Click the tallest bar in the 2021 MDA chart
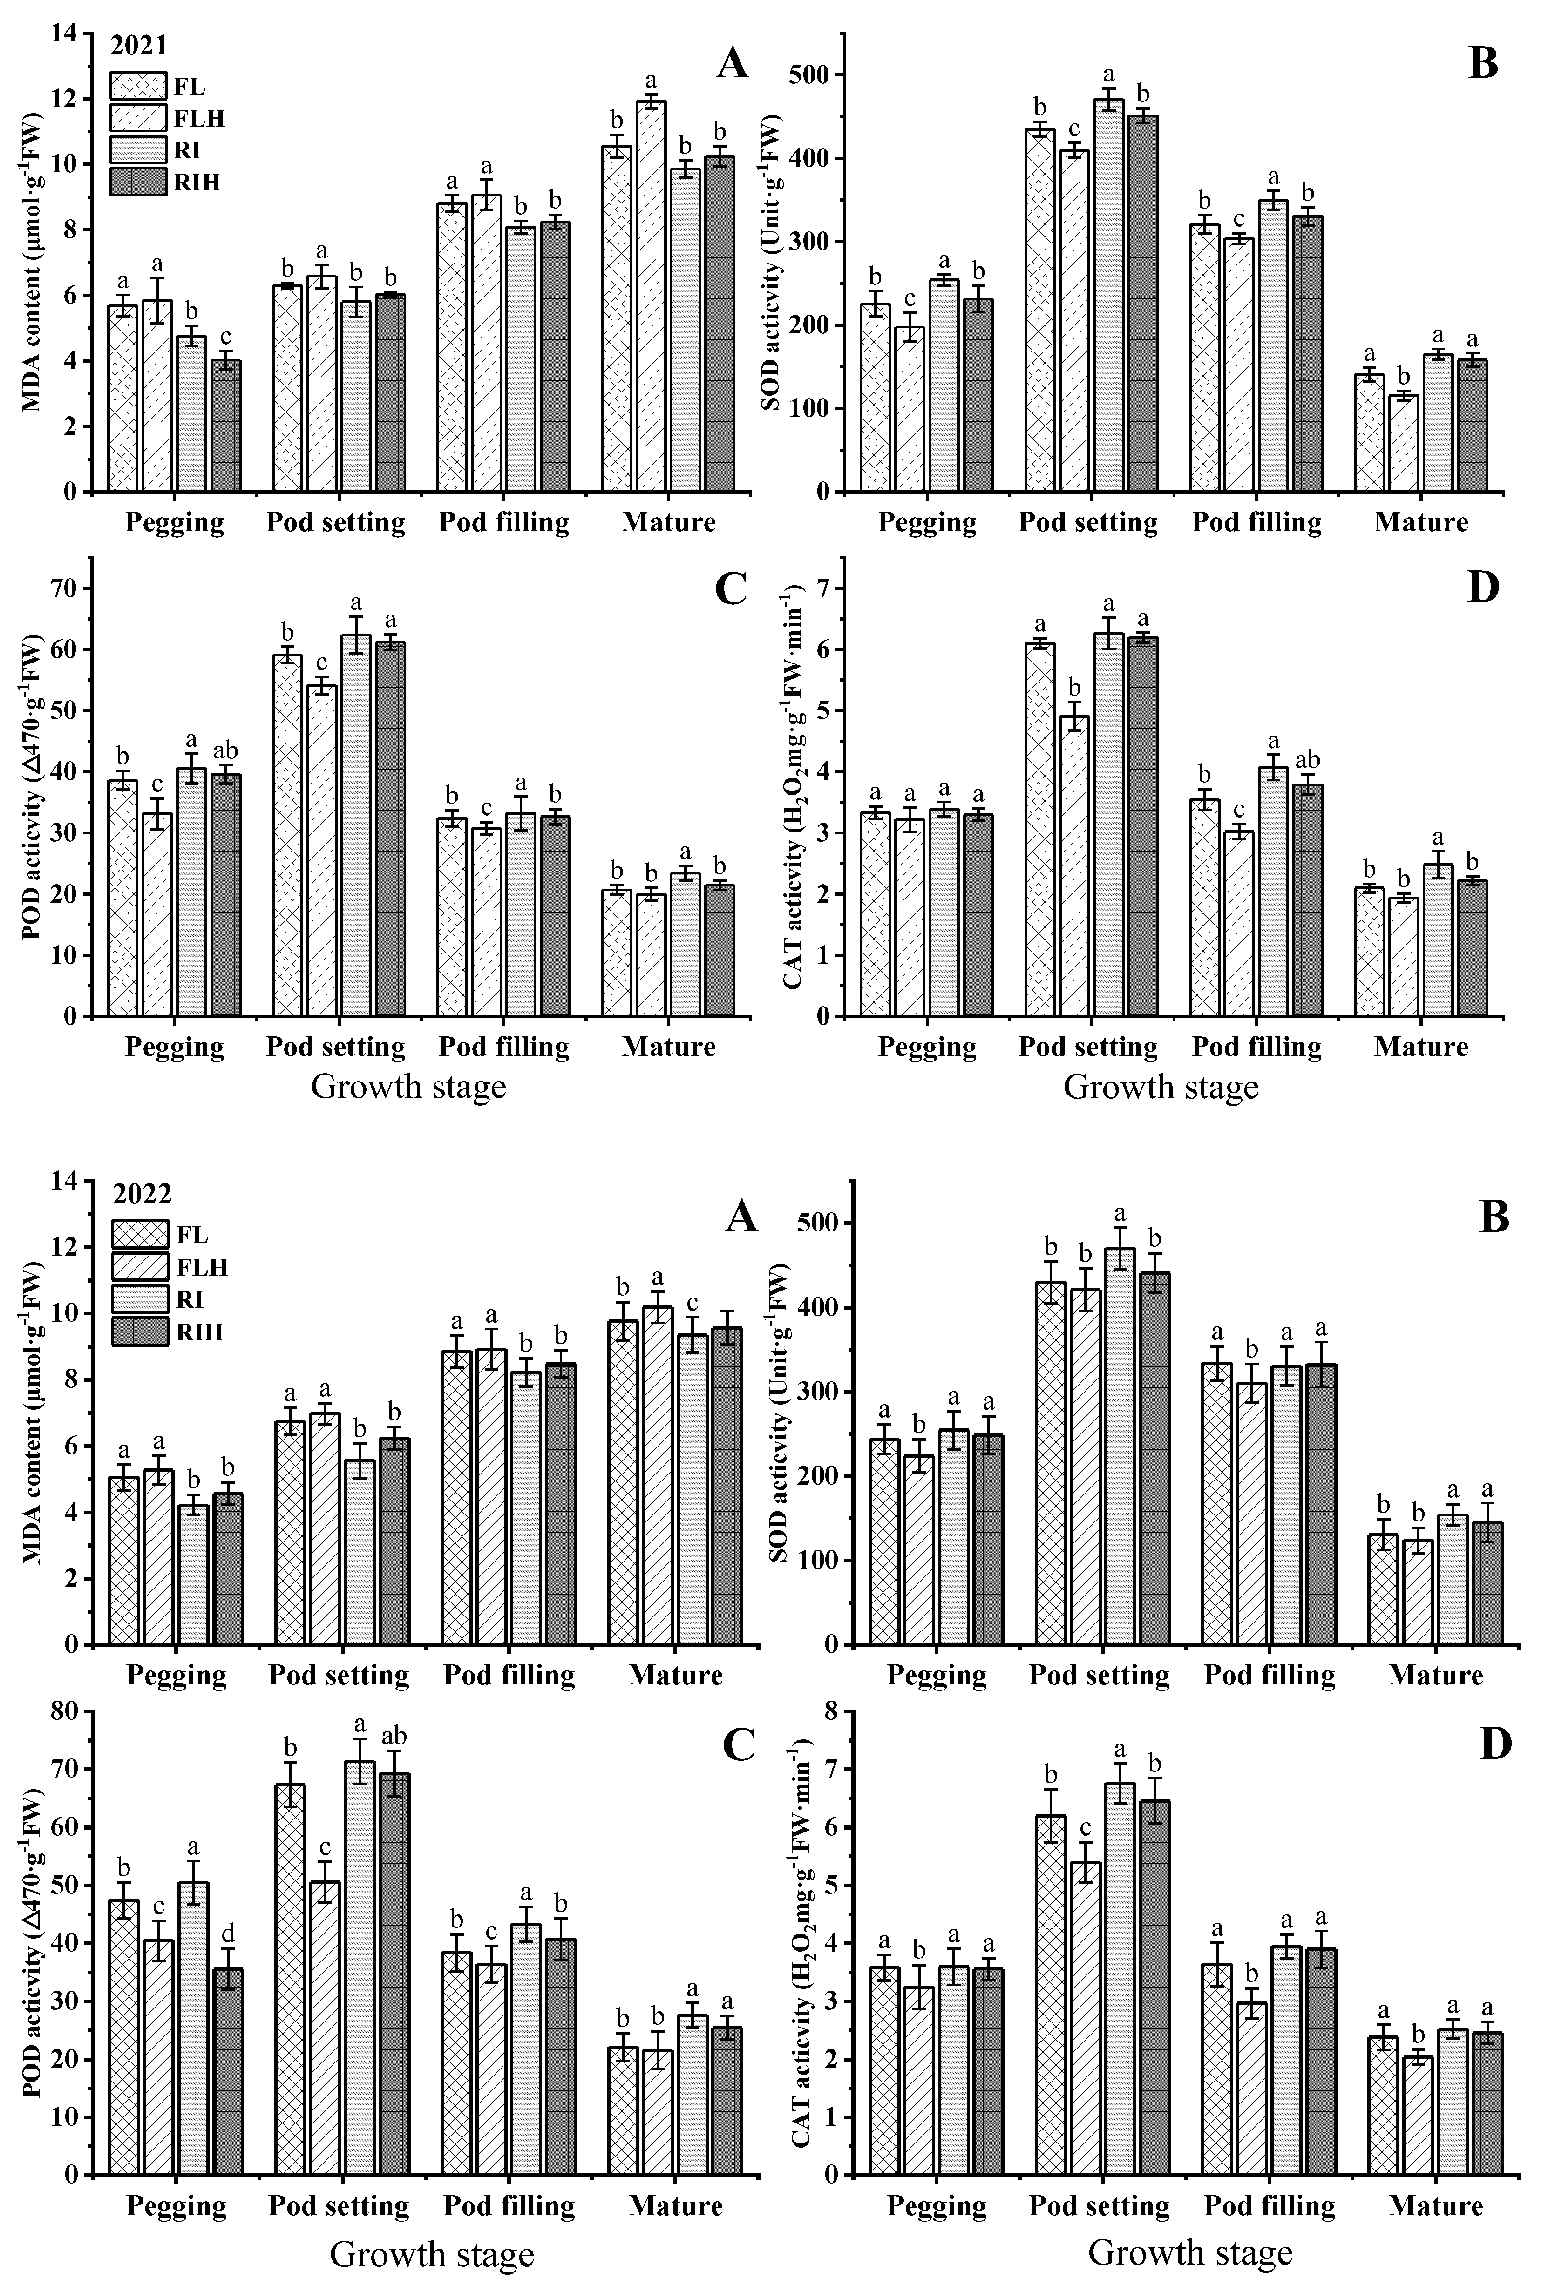[650, 296]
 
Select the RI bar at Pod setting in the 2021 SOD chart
[1108, 296]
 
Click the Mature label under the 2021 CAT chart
[1421, 1047]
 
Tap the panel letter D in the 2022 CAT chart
[1496, 1744]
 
